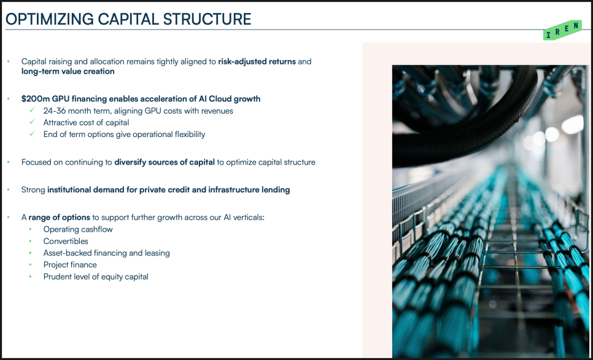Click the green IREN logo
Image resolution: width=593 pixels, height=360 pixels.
point(562,30)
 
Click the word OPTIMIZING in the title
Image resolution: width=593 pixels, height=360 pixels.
point(48,19)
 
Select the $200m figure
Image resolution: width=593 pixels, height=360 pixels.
point(32,99)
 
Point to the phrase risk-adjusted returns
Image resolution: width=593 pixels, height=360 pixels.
point(257,61)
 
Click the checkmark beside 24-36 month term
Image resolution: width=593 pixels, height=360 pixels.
point(32,110)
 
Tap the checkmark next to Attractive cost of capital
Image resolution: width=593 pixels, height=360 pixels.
point(32,122)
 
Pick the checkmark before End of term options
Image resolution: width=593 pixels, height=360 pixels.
point(32,134)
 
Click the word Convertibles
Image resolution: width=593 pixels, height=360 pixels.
point(66,241)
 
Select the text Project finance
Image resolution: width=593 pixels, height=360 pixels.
point(70,265)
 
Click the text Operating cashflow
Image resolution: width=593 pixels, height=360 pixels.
point(78,229)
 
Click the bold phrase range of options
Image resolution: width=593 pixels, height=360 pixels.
point(60,217)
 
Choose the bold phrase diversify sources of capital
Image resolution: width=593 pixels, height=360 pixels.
point(165,162)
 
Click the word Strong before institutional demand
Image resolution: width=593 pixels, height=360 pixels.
point(33,190)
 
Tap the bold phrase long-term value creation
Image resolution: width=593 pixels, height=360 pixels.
point(68,71)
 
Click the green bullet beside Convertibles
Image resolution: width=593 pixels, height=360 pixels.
point(30,241)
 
